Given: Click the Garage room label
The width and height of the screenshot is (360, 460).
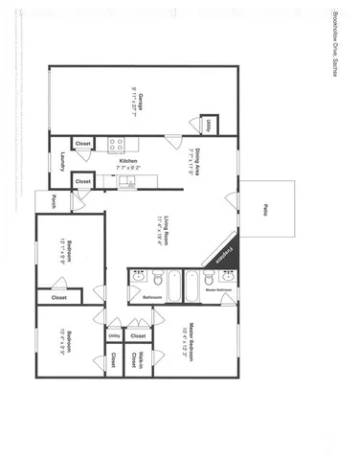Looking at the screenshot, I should (139, 101).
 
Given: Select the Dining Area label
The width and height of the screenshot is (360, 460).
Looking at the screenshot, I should (194, 158).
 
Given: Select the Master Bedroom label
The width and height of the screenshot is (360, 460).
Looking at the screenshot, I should (192, 340).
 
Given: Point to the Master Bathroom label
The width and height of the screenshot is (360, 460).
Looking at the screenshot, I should (223, 288).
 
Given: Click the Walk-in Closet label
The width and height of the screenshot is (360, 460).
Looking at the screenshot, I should (140, 360).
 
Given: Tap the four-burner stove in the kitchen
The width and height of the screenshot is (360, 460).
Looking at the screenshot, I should (115, 145).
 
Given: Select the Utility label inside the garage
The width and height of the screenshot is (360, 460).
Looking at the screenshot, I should (208, 125).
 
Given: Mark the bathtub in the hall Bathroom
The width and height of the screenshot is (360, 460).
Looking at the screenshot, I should (175, 285).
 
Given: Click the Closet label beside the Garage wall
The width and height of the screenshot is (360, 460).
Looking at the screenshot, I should (83, 144).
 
